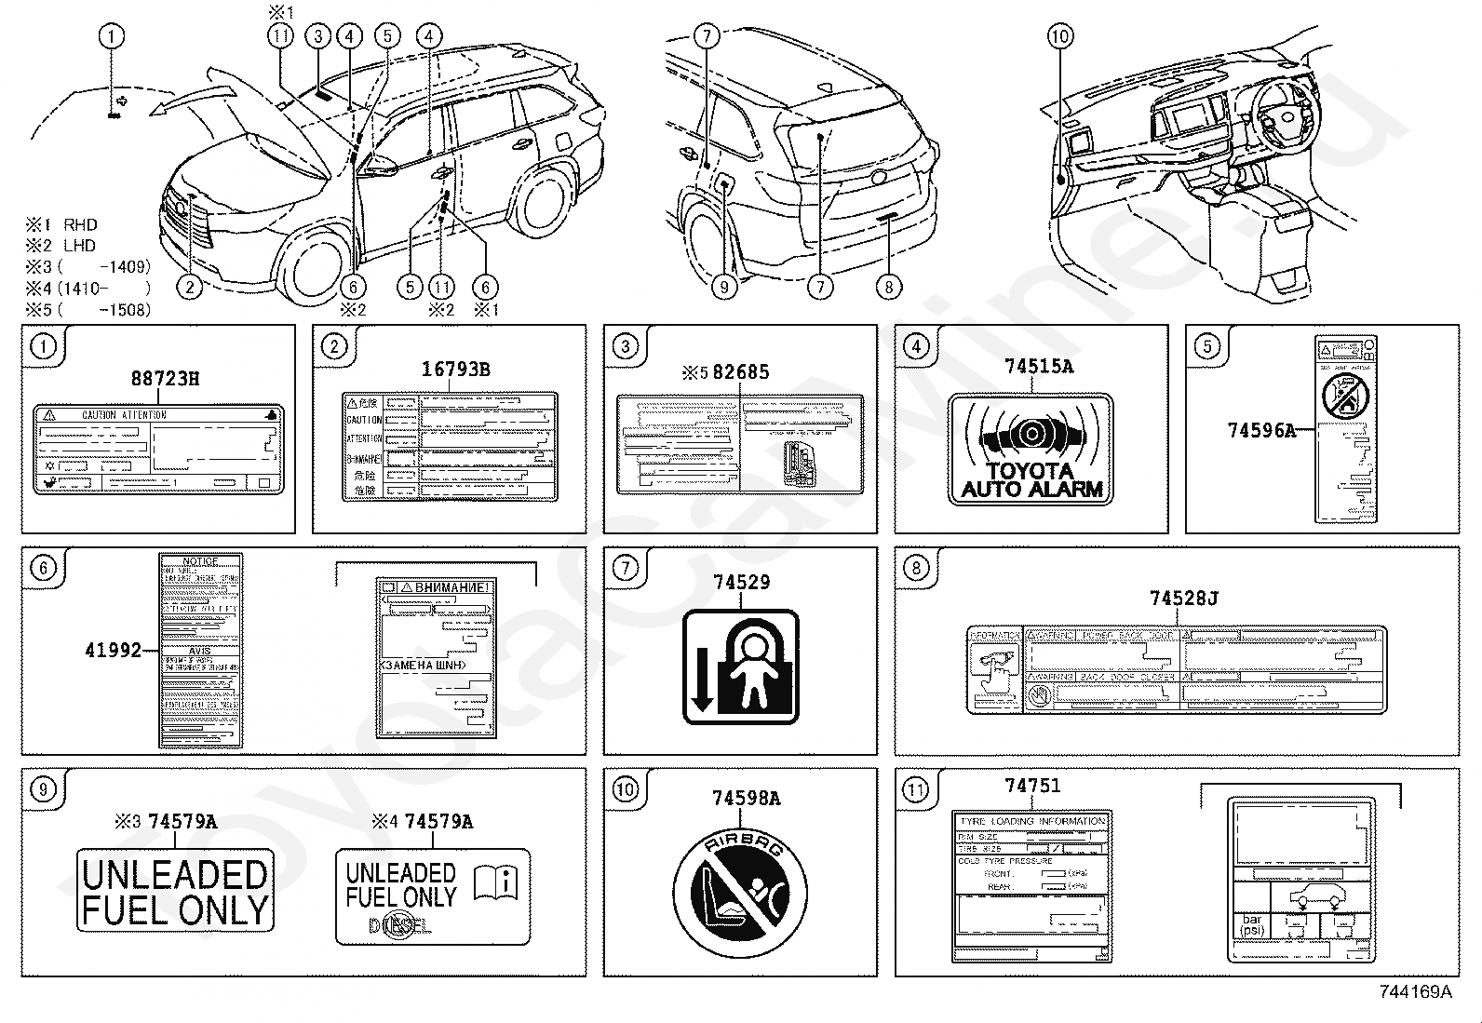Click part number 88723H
point(165,379)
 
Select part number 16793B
point(455,370)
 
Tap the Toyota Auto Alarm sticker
point(1031,450)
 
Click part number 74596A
point(1261,430)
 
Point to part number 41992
point(113,650)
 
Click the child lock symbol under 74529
point(741,666)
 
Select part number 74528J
point(1183,598)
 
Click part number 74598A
point(746,799)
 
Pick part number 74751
point(1032,786)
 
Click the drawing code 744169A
point(1415,992)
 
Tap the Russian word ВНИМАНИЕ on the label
point(451,587)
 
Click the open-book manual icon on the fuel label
point(495,882)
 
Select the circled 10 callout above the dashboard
point(1060,36)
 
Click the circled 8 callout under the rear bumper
point(888,287)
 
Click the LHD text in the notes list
point(79,246)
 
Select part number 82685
point(740,372)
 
